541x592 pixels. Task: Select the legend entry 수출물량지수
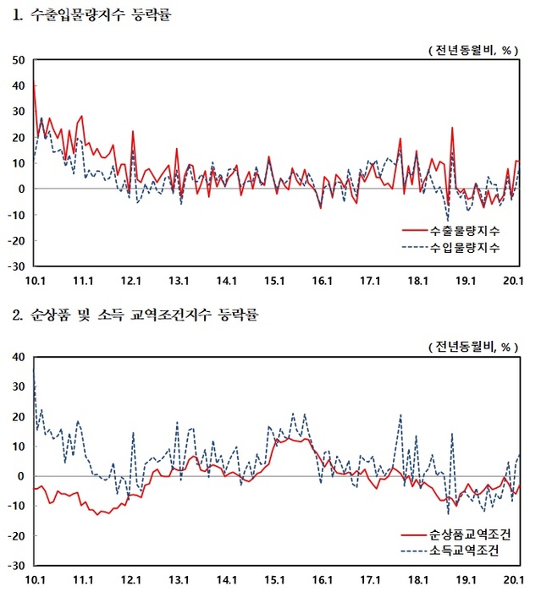click(464, 231)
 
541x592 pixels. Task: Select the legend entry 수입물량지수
click(464, 248)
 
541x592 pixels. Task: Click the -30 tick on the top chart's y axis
click(16, 266)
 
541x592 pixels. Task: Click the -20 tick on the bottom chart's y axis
click(16, 536)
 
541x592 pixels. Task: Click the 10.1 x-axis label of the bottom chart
click(35, 580)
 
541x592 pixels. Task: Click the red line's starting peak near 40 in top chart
click(34, 85)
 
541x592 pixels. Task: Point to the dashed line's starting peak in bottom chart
click(34, 370)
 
